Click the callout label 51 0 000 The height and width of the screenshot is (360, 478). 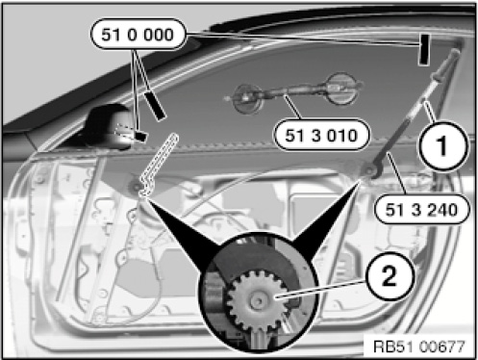click(138, 35)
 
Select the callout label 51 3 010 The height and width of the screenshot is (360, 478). click(321, 135)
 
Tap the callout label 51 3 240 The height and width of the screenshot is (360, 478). click(421, 209)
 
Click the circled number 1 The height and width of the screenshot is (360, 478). click(442, 146)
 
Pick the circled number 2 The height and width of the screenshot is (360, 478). click(390, 276)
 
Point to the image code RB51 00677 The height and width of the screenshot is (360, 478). click(419, 347)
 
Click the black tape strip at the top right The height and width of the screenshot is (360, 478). click(424, 50)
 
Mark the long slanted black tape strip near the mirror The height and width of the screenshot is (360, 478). click(155, 106)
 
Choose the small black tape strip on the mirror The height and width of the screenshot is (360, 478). click(140, 136)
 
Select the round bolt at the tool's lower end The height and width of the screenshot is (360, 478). click(370, 170)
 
